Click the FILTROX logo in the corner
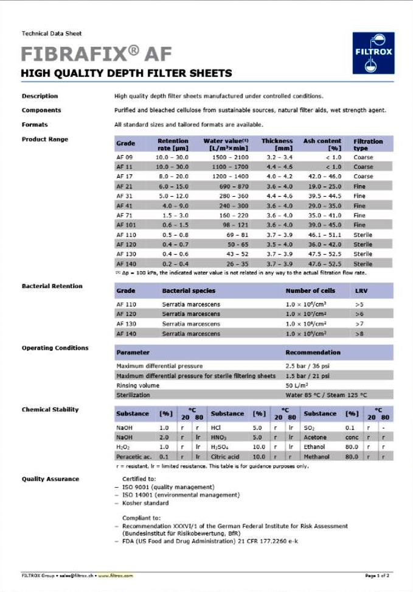[373, 53]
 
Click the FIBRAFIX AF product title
[96, 54]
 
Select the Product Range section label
[45, 139]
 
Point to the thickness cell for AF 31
[277, 196]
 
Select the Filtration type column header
[368, 144]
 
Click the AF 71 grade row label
[124, 216]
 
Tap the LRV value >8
[359, 334]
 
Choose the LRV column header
[361, 291]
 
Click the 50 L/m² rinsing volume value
[297, 386]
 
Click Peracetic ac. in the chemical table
[134, 457]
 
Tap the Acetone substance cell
[315, 437]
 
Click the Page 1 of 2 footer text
[377, 576]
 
